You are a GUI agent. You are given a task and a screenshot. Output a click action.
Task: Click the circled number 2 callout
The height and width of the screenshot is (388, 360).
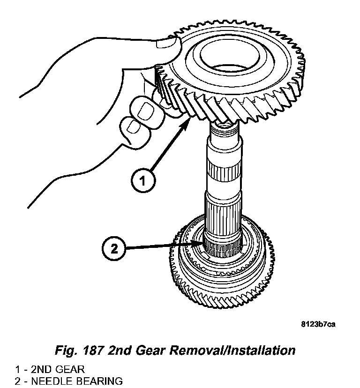[113, 248]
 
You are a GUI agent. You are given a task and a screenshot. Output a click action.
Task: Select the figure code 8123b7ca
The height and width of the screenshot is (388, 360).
[318, 324]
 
